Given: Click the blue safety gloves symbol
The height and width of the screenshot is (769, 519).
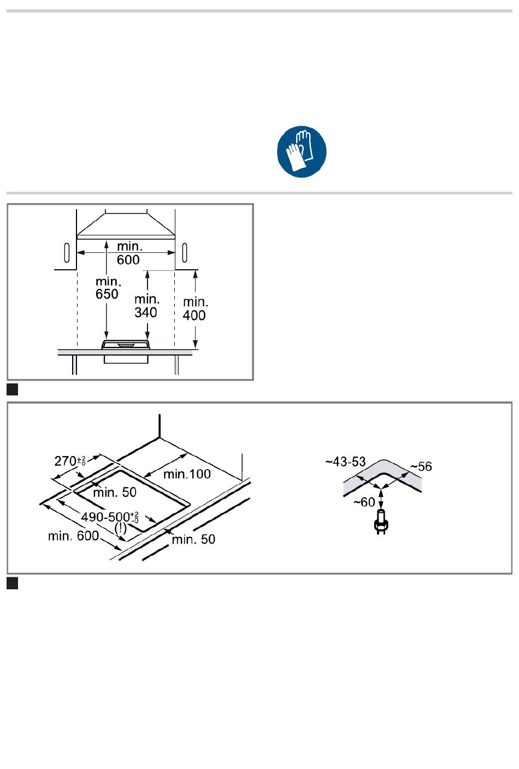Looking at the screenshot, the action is click(x=302, y=151).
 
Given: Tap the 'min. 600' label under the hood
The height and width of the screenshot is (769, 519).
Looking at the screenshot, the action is click(x=128, y=253).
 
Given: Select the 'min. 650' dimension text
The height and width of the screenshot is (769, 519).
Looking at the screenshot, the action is click(x=108, y=288).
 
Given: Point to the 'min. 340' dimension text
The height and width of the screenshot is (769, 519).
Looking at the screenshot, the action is click(x=146, y=306).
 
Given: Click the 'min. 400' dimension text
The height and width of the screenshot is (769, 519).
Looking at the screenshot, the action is click(x=195, y=309).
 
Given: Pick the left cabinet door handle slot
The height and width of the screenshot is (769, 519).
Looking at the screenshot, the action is click(x=67, y=253).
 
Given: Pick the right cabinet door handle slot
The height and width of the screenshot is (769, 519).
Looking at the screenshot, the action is click(x=185, y=253).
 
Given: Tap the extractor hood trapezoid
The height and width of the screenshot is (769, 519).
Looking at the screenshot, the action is click(x=126, y=225).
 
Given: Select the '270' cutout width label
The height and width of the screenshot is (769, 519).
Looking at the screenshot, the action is click(x=70, y=461).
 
